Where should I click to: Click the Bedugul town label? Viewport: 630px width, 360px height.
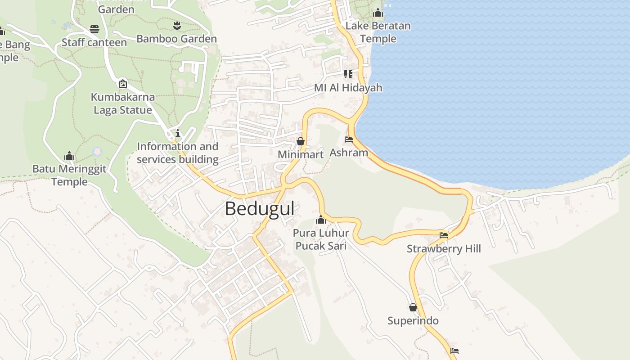point(260,209)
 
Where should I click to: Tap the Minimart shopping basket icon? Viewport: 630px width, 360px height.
point(301,142)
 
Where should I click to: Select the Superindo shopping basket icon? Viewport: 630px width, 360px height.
point(413,308)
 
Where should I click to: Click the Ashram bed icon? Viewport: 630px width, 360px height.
point(349,139)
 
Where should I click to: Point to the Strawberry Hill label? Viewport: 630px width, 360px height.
point(444,248)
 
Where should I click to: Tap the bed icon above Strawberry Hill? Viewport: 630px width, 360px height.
point(444,235)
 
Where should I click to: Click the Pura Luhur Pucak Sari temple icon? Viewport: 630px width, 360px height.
point(321,220)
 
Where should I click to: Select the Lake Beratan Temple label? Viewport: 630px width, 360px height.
point(378,32)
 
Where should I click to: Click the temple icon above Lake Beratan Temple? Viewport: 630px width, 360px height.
point(378,13)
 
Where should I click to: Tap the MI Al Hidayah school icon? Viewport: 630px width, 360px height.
point(348,74)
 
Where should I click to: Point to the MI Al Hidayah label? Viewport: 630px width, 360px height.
point(348,88)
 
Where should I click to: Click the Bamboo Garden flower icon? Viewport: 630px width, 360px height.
point(176,25)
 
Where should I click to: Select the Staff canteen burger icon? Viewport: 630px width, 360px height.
point(94,29)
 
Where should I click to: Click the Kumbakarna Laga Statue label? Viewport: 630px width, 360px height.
point(122,103)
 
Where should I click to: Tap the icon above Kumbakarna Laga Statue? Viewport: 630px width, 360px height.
point(122,84)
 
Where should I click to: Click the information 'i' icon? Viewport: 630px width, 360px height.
point(178,133)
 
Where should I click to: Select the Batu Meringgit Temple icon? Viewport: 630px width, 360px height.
point(69,156)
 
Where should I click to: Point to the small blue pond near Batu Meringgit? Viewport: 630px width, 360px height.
point(97,152)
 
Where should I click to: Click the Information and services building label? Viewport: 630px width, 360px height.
point(177,153)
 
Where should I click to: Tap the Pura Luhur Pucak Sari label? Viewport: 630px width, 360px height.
point(320,239)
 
